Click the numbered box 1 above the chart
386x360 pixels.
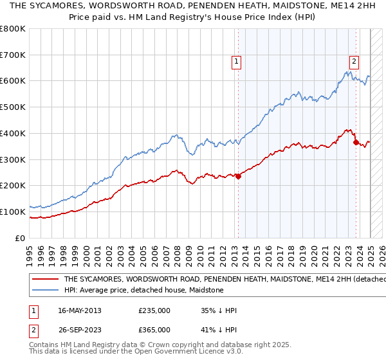pyautogui.click(x=237, y=62)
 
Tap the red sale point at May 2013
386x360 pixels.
pyautogui.click(x=238, y=176)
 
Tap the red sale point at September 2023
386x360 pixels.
pyautogui.click(x=356, y=142)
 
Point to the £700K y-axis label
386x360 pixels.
pyautogui.click(x=14, y=55)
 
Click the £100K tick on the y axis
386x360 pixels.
pyautogui.click(x=14, y=212)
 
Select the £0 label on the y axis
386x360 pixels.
pyautogui.click(x=21, y=238)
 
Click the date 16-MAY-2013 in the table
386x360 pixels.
pyautogui.click(x=80, y=310)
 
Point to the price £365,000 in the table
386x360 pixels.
pyautogui.click(x=154, y=330)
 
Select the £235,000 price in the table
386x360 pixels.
pyautogui.click(x=154, y=310)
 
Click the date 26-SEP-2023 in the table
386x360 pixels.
pyautogui.click(x=79, y=330)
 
